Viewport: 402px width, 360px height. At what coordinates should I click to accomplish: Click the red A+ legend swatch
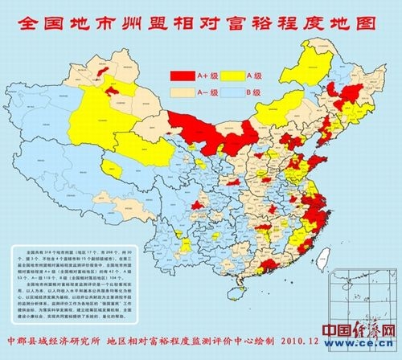coord(182,75)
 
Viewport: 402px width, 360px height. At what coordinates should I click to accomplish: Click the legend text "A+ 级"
coord(206,75)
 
